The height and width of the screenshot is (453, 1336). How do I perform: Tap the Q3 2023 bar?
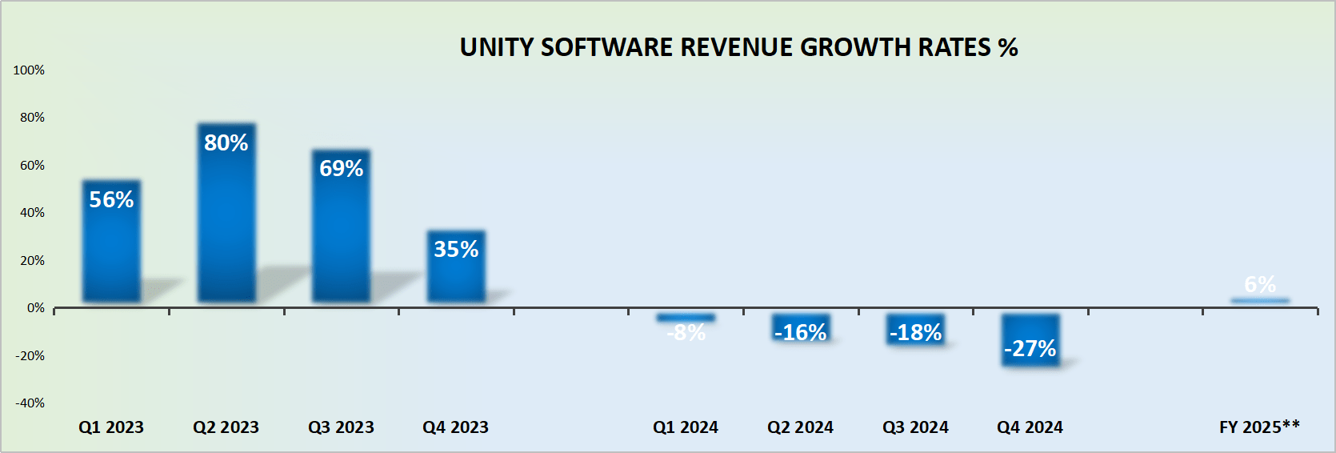[341, 240]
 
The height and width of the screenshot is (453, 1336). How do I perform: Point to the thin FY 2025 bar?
[1260, 301]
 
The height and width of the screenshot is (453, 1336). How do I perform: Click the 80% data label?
[226, 143]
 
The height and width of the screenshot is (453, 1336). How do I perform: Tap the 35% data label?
[456, 250]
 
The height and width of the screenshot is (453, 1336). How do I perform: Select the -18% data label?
[916, 333]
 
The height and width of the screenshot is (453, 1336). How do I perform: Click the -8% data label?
[686, 333]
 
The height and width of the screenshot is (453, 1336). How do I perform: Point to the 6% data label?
[1260, 284]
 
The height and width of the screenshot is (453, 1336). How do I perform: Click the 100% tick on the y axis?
[29, 70]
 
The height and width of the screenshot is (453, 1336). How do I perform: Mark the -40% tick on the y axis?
[30, 403]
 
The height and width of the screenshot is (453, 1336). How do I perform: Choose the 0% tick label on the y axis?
[36, 308]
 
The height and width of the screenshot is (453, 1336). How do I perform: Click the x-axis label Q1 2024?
[686, 427]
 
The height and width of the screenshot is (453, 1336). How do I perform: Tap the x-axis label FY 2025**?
[1259, 427]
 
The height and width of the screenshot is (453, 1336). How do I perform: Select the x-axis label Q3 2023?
[341, 427]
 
